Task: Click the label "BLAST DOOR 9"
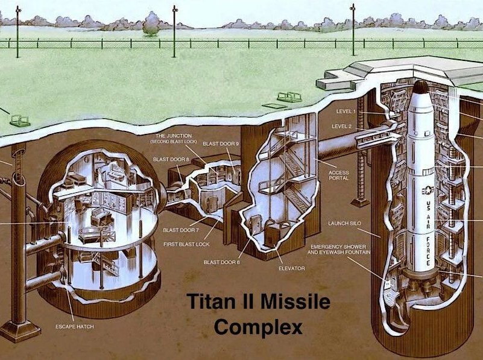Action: (x=221, y=144)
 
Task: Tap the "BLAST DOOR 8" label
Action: (x=171, y=159)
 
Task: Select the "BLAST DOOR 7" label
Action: (x=181, y=230)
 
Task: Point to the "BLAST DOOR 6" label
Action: (x=221, y=262)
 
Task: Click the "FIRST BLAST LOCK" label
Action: (x=186, y=244)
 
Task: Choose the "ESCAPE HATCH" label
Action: (x=75, y=326)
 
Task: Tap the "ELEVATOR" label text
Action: (x=292, y=268)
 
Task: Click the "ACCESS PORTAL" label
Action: (x=339, y=175)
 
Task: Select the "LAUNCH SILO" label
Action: (x=344, y=223)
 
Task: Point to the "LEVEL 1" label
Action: (x=346, y=112)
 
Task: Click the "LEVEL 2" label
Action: (x=342, y=126)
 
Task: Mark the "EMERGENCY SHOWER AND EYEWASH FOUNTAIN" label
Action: (x=339, y=250)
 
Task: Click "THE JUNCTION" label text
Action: (x=174, y=136)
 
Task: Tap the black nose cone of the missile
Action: (x=420, y=87)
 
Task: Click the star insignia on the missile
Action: (x=428, y=191)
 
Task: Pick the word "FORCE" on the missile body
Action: (x=428, y=251)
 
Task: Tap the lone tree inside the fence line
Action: (x=151, y=24)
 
